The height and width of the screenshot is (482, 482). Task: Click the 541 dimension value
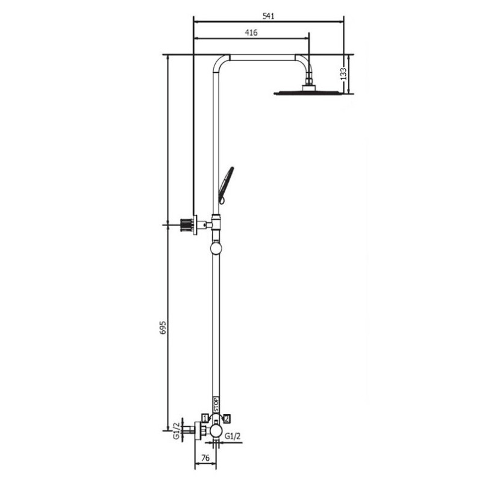[x=268, y=16]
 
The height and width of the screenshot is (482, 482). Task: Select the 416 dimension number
[x=251, y=33]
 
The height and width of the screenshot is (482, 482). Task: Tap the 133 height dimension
[x=343, y=74]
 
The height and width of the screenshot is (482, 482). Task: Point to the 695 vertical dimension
[x=163, y=328]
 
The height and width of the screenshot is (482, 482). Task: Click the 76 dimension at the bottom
[x=205, y=458]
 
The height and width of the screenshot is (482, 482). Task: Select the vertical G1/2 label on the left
[x=177, y=431]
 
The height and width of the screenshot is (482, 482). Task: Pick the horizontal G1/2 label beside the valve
[x=233, y=436]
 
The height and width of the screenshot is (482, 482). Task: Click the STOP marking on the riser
[x=216, y=405]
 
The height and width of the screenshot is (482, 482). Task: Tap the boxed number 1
[x=205, y=418]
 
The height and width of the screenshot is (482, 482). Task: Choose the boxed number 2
[x=227, y=418]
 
